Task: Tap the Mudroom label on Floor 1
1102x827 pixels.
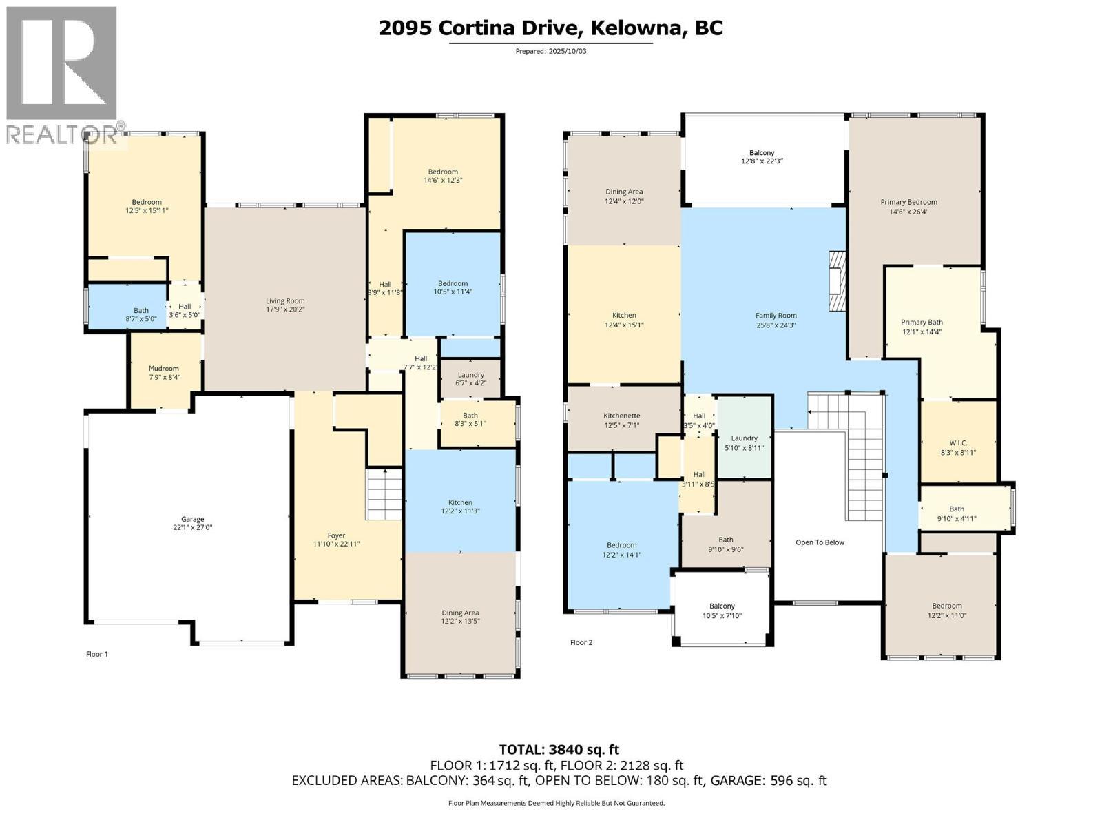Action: pos(163,368)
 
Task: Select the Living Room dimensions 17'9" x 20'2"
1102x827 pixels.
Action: pos(285,309)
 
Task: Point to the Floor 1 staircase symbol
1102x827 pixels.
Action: pos(384,495)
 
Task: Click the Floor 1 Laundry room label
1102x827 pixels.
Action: pos(470,375)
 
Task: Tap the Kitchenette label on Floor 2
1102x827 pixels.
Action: pos(622,416)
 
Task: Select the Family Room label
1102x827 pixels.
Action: pos(776,316)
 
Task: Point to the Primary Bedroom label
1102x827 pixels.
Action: pos(908,202)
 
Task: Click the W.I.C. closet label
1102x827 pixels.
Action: pos(958,444)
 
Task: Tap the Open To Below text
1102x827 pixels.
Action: pos(820,542)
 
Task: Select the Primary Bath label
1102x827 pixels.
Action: pos(922,322)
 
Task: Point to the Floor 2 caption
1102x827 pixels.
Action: pos(581,642)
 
